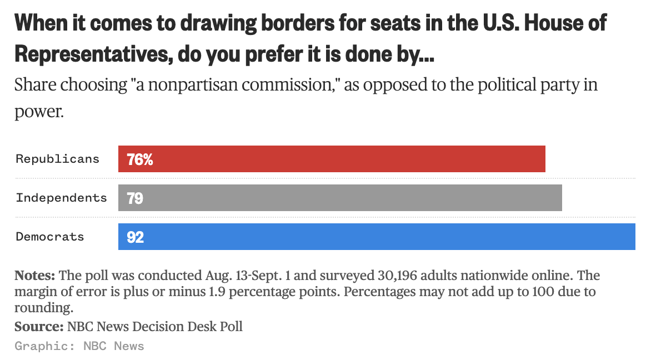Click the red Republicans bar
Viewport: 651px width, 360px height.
tap(332, 159)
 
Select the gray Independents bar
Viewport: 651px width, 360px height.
tap(340, 198)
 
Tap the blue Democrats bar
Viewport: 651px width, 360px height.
tap(377, 237)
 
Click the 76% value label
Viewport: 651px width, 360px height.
tap(139, 160)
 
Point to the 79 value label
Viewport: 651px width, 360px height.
tap(135, 198)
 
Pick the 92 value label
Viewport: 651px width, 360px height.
tap(136, 238)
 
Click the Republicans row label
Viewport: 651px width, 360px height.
tap(57, 159)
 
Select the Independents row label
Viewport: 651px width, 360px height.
tap(61, 198)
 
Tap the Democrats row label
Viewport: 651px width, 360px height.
tap(50, 237)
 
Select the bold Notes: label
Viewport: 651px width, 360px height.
tap(34, 276)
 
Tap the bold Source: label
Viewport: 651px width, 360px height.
tap(39, 326)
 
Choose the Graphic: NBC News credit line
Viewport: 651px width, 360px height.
tap(79, 346)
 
